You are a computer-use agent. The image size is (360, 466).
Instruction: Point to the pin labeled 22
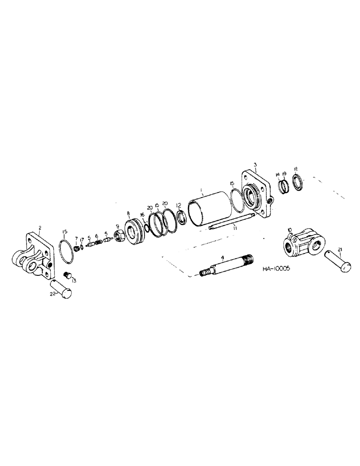62,289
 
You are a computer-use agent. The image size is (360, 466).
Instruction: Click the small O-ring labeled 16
146,228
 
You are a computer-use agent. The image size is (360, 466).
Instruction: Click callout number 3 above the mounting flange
255,164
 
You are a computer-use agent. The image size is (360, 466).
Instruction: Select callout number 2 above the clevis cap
40,228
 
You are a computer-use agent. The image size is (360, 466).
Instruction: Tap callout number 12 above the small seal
179,205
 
